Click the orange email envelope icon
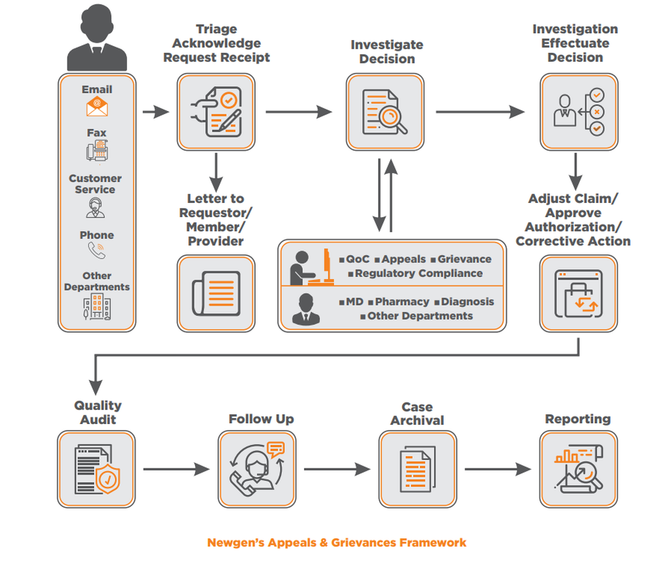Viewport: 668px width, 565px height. tap(97, 107)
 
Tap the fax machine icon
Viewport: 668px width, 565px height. tap(97, 152)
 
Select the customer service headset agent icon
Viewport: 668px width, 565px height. tap(96, 208)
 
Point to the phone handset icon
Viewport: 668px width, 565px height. tap(97, 250)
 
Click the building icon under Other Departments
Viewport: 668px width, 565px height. tap(97, 307)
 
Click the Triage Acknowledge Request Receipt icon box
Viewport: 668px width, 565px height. tap(216, 112)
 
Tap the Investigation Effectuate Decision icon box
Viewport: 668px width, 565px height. tap(578, 112)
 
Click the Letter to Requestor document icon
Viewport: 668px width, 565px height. tap(216, 293)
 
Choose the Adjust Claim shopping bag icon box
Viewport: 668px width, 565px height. tap(578, 293)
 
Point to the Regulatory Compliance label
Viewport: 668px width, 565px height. tap(418, 273)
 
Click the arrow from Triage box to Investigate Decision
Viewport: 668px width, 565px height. tap(299, 112)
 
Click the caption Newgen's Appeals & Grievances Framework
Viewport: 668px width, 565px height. tap(337, 542)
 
